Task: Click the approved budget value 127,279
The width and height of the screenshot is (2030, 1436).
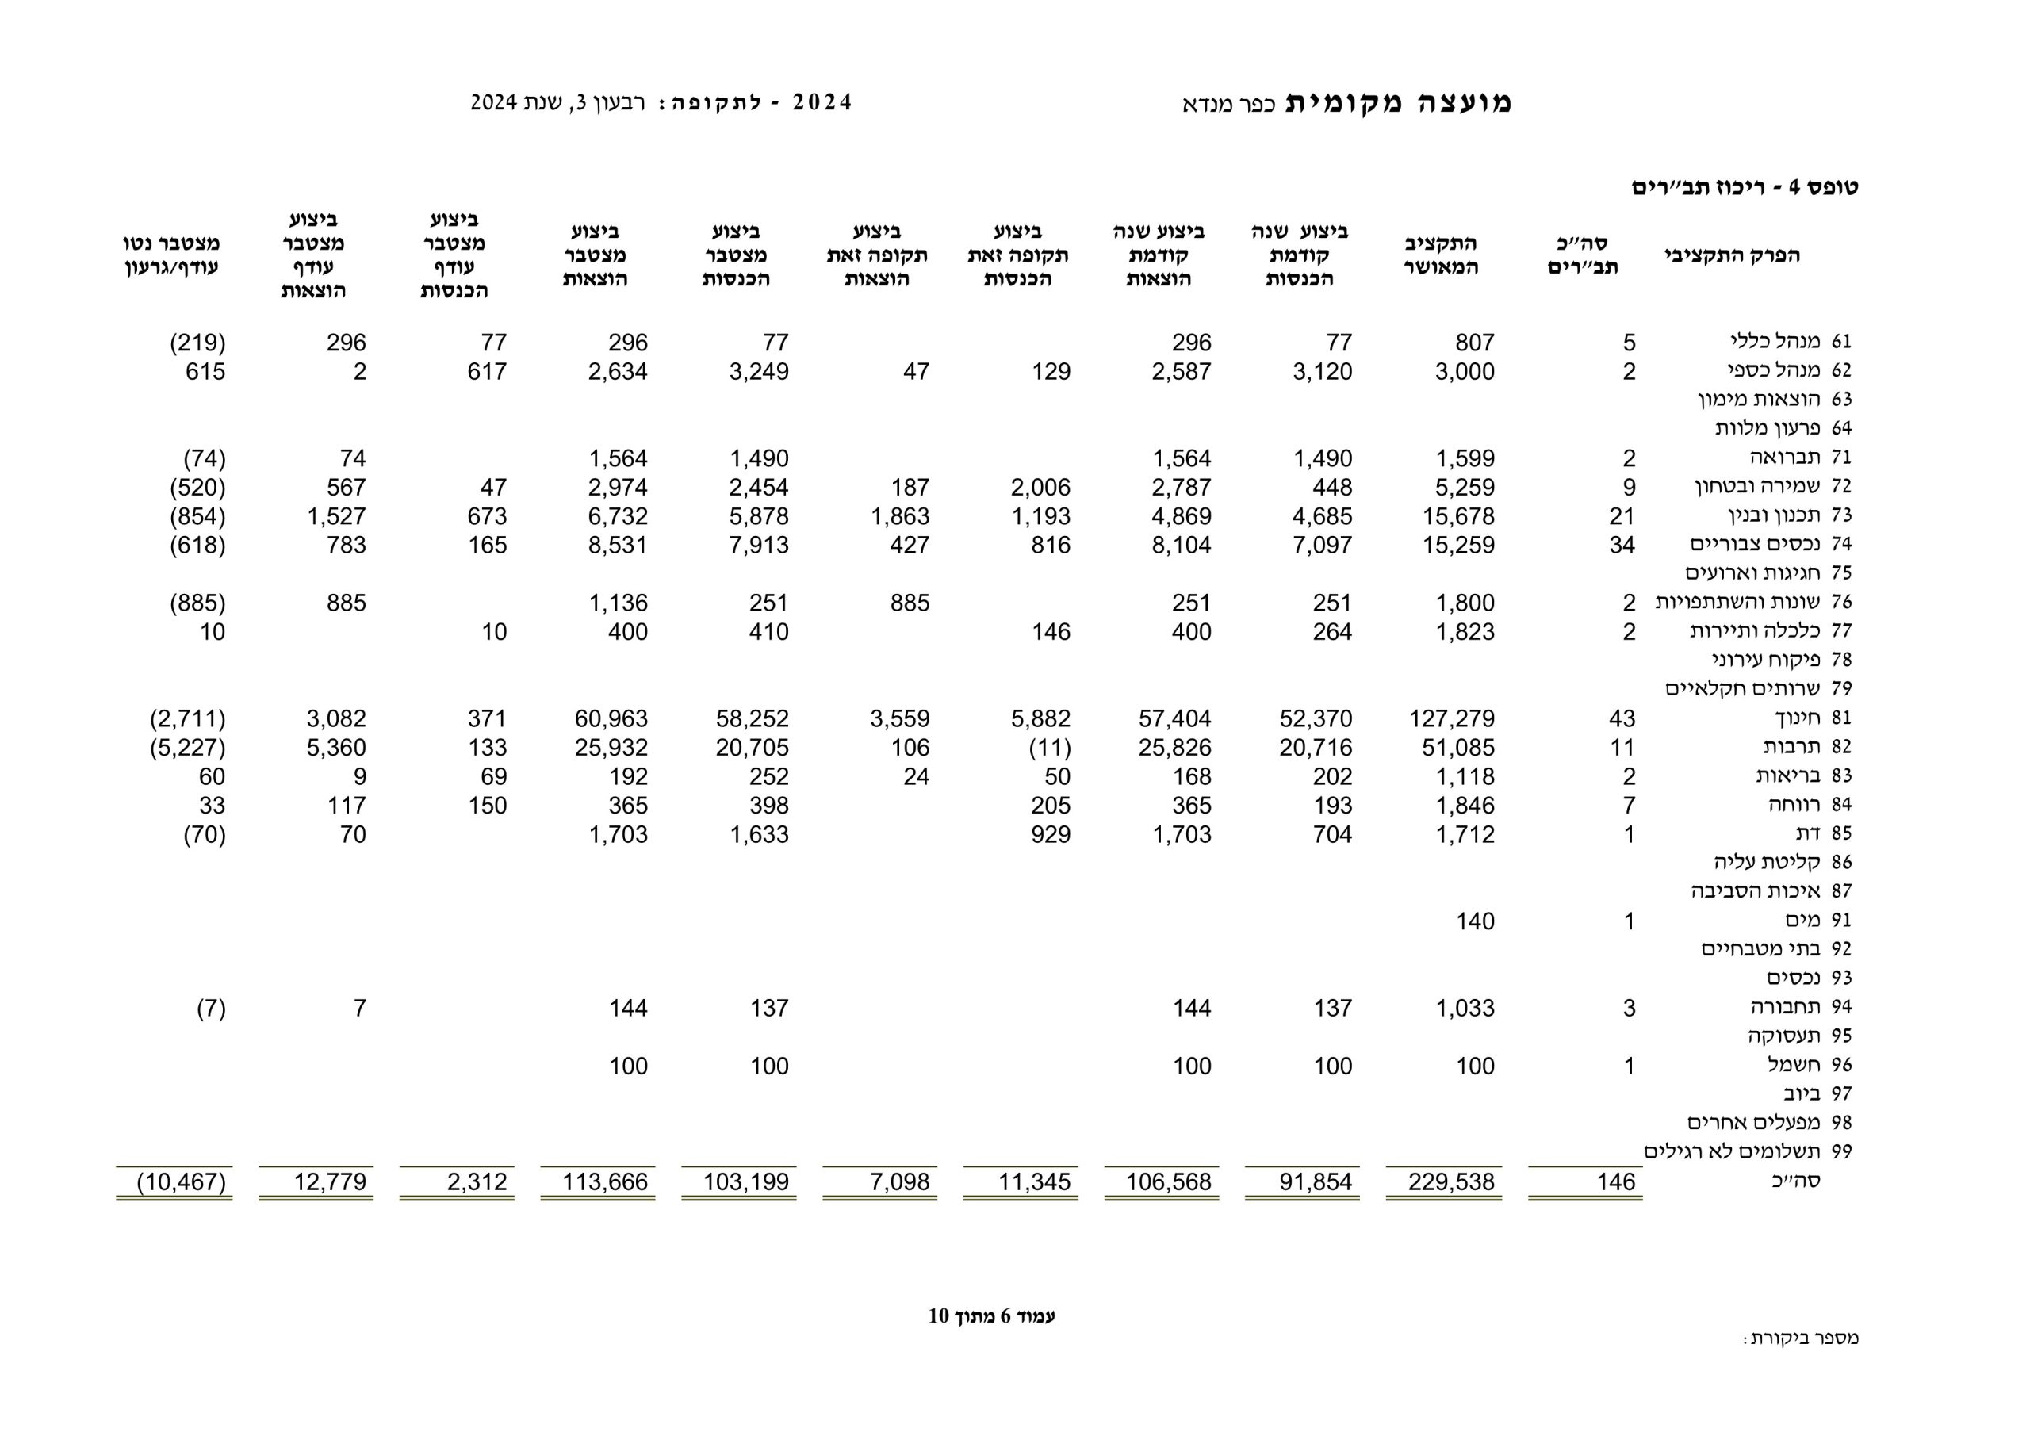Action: point(1451,719)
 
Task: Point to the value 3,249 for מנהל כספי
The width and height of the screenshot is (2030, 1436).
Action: point(759,371)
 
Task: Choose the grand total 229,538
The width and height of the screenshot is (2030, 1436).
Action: point(1451,1182)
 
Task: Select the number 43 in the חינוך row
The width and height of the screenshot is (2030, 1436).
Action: point(1622,719)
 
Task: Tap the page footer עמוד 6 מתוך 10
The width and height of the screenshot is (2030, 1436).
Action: point(991,1315)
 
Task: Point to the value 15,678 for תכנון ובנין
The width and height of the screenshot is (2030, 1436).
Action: point(1458,516)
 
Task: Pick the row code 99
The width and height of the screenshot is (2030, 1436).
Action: point(1842,1151)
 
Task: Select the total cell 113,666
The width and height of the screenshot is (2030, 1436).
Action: point(605,1182)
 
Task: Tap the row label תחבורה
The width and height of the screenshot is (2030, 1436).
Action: point(1785,1007)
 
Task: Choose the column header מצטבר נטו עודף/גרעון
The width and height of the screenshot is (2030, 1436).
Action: point(171,255)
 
